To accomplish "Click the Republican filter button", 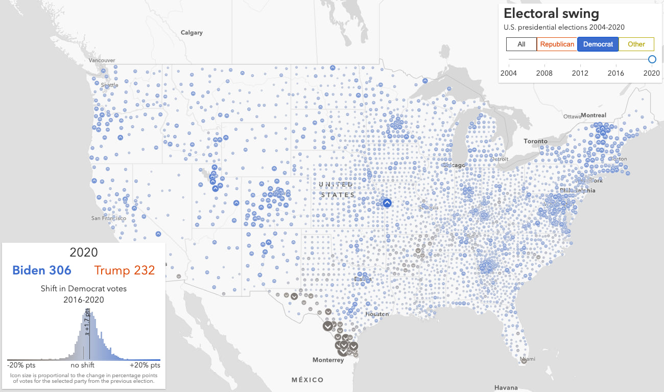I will (x=557, y=44).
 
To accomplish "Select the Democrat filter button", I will (x=598, y=44).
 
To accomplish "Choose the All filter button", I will (x=521, y=44).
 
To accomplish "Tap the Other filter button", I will (x=636, y=44).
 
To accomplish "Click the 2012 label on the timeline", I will (x=580, y=73).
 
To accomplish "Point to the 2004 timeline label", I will (x=508, y=73).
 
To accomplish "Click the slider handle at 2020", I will (x=652, y=59).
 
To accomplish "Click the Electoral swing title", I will (x=551, y=13).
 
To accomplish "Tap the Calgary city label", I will (x=192, y=33).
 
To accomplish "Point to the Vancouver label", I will (x=102, y=60).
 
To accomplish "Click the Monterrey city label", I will (x=328, y=360).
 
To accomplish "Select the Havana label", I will (x=506, y=388).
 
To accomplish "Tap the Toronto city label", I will (x=535, y=141).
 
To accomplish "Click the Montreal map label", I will (x=594, y=116).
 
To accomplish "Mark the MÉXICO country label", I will (x=307, y=380).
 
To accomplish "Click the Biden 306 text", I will (x=42, y=270).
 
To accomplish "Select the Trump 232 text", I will (x=124, y=270).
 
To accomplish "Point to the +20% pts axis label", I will (x=145, y=365).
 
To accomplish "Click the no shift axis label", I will (x=82, y=365).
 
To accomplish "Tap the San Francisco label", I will (x=108, y=218).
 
